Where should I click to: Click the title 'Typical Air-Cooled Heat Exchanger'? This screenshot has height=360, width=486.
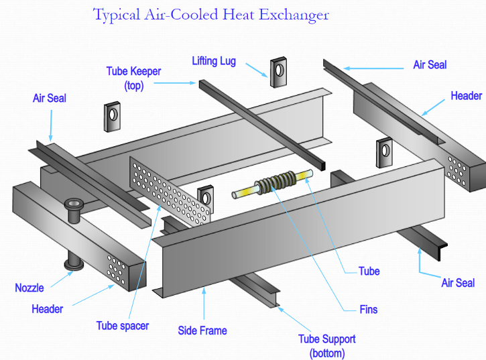click(211, 14)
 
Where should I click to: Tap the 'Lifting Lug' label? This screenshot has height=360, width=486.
click(214, 61)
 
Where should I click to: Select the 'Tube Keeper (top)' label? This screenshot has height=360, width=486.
click(134, 78)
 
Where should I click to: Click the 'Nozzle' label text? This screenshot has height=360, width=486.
click(29, 288)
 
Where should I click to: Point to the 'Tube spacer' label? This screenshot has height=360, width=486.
click(123, 326)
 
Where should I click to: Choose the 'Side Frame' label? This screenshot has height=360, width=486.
click(202, 331)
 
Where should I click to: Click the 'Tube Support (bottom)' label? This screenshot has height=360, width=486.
click(327, 346)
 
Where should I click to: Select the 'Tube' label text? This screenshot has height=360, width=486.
click(369, 272)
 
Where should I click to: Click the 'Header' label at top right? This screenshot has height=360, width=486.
click(466, 96)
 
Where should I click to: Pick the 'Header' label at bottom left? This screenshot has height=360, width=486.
click(48, 309)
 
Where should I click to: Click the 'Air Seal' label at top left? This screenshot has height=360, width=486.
click(50, 99)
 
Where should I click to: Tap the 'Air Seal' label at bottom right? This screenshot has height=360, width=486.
click(458, 283)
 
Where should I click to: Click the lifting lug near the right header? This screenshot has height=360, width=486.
click(384, 152)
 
